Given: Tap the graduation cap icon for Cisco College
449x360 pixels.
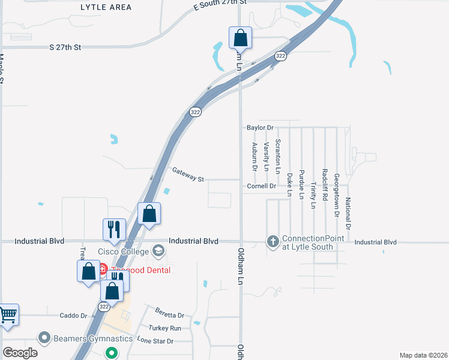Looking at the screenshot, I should click(158, 250).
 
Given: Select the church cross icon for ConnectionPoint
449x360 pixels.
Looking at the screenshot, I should click(273, 242).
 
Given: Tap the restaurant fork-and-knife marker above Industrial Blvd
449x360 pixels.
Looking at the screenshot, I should click(114, 229).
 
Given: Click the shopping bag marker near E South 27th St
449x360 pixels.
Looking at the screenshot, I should click(240, 38).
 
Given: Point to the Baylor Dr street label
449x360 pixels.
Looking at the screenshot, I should click(260, 127).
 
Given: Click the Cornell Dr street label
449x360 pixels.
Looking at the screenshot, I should click(261, 186).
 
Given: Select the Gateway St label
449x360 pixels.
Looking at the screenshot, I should click(188, 175).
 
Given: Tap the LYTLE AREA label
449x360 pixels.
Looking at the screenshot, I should click(106, 6).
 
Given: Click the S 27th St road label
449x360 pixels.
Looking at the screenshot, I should click(65, 47).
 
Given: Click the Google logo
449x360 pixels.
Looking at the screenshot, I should click(20, 353).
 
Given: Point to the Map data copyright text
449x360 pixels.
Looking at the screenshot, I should click(423, 355).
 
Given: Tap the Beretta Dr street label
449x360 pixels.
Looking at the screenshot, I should click(169, 314).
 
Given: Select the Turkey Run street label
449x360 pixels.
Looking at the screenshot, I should click(167, 328).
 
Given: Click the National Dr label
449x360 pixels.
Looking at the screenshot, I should click(348, 214).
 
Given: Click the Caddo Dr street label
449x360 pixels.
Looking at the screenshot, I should click(73, 315).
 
